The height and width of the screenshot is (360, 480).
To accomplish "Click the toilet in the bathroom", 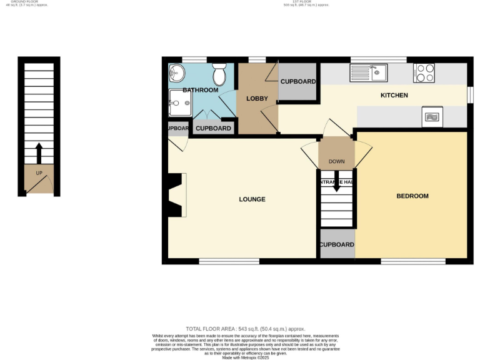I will [x=219, y=76].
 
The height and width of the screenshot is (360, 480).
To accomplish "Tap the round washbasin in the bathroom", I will [x=177, y=73].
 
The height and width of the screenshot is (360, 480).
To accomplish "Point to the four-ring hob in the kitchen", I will [x=424, y=73].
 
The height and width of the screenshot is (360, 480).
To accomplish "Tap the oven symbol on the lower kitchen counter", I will [x=432, y=116].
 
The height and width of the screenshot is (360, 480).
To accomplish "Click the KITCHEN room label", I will [x=394, y=96].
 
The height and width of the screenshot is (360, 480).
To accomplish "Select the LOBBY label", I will [x=257, y=99].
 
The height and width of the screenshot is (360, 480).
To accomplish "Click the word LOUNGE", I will [x=252, y=199].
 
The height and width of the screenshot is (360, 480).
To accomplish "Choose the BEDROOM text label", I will [x=412, y=196].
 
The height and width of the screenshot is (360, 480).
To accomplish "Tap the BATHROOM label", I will [x=200, y=91].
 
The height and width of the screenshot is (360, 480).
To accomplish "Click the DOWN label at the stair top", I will [x=336, y=162].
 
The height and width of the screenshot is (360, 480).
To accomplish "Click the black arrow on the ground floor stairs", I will [x=39, y=152].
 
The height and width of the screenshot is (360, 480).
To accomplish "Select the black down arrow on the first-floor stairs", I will [x=336, y=186].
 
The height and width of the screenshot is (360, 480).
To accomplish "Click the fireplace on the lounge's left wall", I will [x=177, y=196].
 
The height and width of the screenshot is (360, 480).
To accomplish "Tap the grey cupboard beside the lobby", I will [x=297, y=82].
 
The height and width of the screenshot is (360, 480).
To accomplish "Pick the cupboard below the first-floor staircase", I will [x=337, y=244].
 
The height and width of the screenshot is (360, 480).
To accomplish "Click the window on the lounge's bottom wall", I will [x=229, y=261].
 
